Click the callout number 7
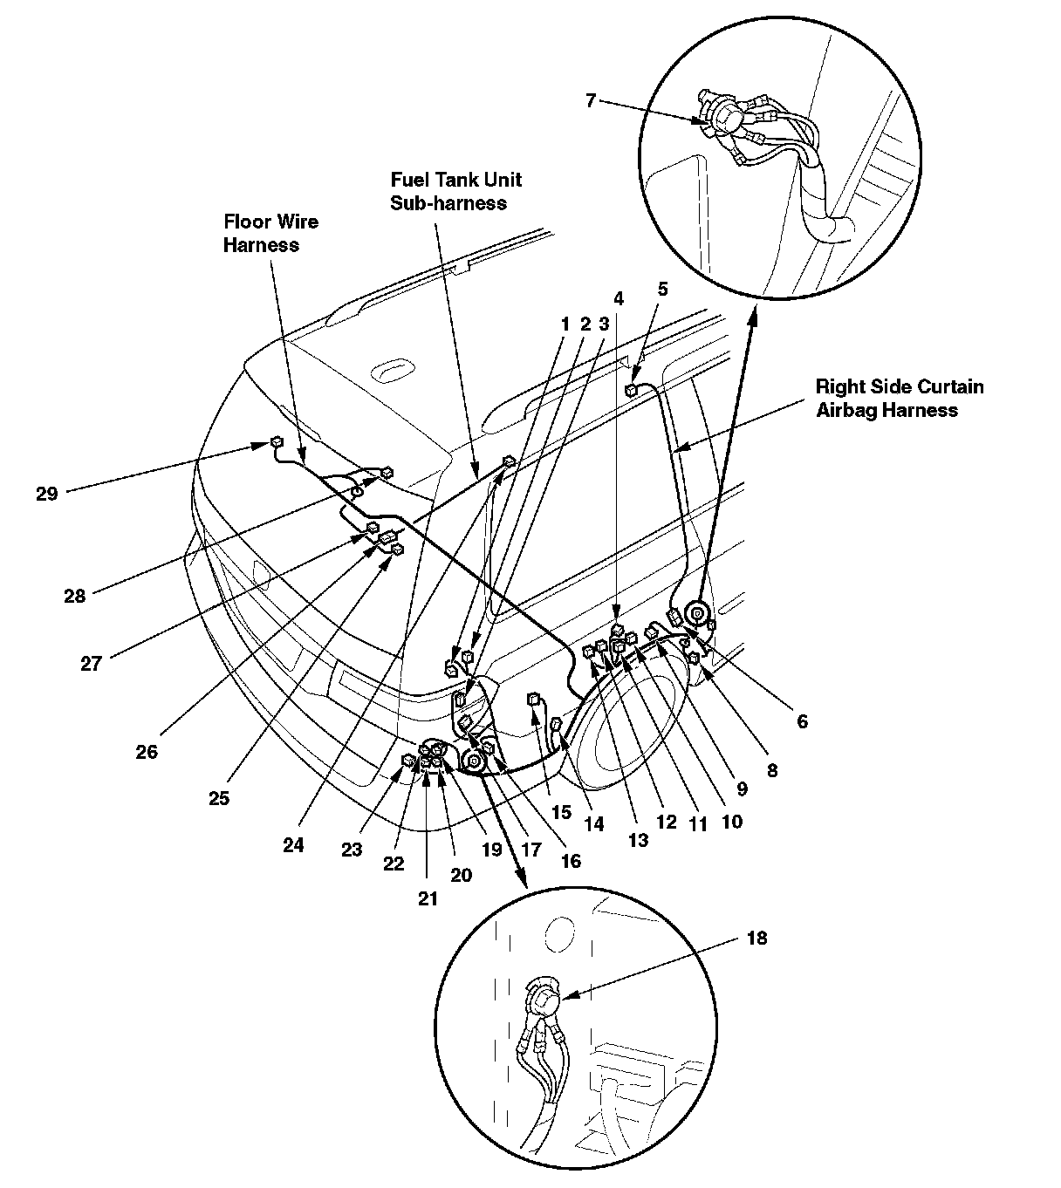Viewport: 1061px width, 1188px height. click(x=591, y=100)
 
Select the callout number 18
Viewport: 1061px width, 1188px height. click(x=756, y=939)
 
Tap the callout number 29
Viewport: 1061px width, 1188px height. click(x=47, y=494)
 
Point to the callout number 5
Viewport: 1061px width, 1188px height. click(x=662, y=289)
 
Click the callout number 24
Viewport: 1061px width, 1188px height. click(x=293, y=844)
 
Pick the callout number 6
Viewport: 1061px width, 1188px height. click(x=802, y=720)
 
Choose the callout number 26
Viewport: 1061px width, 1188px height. click(x=147, y=750)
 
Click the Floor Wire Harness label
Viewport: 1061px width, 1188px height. click(x=270, y=233)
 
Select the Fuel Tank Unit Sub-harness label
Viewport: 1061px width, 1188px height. click(x=455, y=191)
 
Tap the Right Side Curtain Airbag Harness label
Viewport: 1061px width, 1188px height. click(x=899, y=398)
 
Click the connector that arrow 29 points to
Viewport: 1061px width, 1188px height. click(x=277, y=442)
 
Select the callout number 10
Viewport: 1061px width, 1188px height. click(x=731, y=821)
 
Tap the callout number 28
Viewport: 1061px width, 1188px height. click(x=75, y=596)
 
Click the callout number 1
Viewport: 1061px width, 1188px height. click(x=565, y=324)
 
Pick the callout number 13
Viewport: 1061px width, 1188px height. click(x=639, y=840)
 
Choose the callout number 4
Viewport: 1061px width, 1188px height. click(x=619, y=297)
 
